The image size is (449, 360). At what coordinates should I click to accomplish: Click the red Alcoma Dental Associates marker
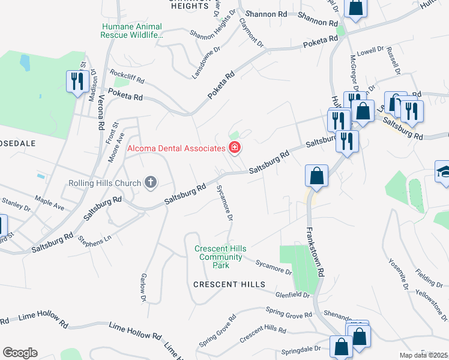(234, 148)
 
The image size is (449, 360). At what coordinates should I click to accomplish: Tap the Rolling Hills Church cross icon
(151, 182)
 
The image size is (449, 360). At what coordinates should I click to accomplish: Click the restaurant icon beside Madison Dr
(76, 81)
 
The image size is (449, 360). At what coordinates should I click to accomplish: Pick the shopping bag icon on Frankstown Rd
(316, 176)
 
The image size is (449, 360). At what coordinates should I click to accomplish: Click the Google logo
(20, 353)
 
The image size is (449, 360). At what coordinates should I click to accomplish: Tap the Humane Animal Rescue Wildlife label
(133, 31)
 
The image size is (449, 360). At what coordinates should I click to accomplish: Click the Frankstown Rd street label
(316, 252)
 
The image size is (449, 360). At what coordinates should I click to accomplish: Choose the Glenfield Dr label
(289, 295)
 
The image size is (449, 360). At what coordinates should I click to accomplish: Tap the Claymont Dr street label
(252, 32)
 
